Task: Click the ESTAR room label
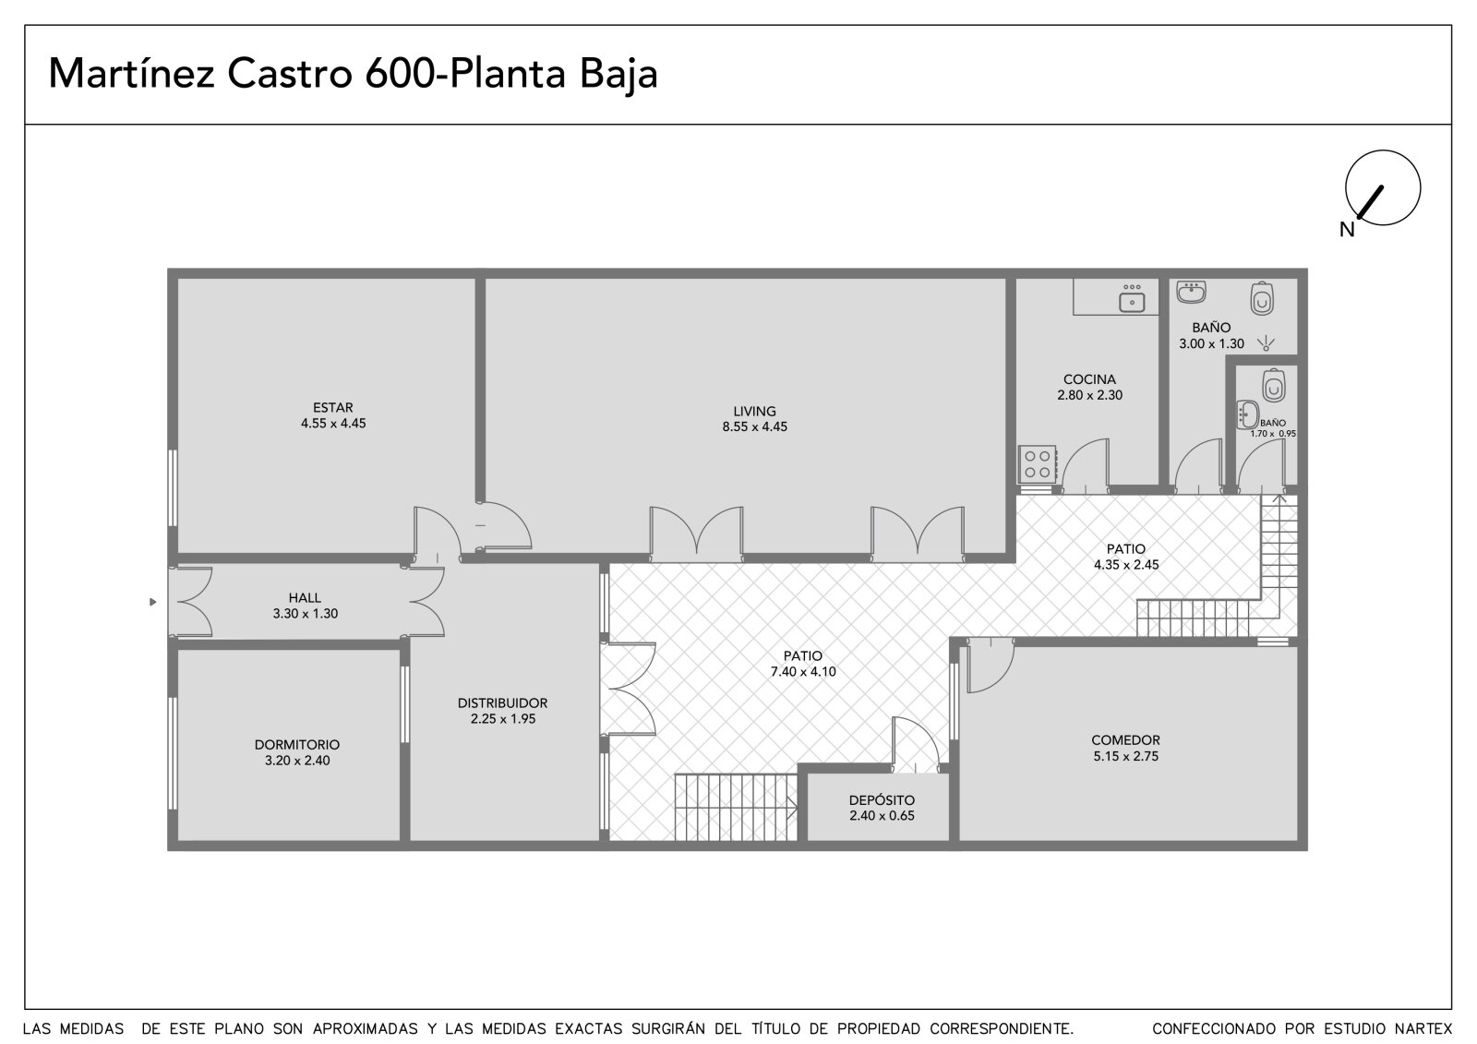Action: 332,408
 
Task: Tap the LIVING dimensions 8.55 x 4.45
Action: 754,426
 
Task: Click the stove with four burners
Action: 1038,464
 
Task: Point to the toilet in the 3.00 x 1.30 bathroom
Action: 1262,298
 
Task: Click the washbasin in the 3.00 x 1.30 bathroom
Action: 1191,293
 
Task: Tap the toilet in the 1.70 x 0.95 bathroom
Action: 1274,385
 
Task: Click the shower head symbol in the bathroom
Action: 1266,343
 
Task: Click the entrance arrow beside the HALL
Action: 153,602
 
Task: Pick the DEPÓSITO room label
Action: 882,800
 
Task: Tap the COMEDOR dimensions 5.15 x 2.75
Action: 1125,756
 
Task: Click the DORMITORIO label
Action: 297,745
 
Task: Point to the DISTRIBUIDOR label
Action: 502,703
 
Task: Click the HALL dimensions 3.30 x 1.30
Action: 306,613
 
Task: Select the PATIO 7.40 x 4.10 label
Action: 803,664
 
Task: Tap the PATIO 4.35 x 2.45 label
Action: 1126,557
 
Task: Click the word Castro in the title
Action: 290,74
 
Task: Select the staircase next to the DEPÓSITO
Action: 736,808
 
